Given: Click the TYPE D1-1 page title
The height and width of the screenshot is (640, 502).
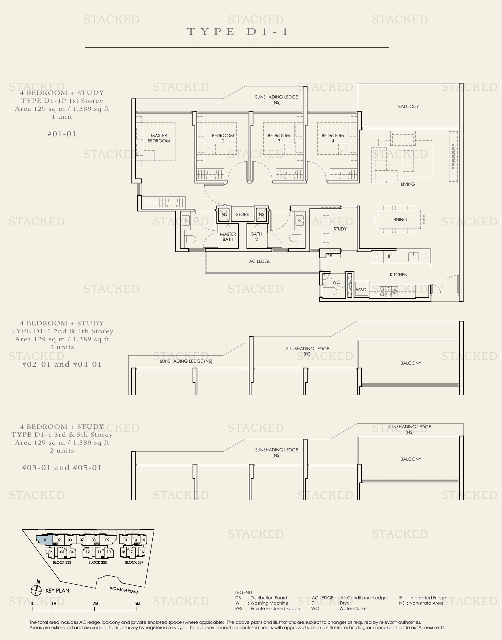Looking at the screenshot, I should pyautogui.click(x=237, y=31).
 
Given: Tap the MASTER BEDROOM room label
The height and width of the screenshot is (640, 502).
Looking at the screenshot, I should pyautogui.click(x=159, y=138).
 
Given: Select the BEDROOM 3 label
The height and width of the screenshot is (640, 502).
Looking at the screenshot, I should pyautogui.click(x=279, y=138).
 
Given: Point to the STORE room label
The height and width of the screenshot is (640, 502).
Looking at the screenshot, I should pyautogui.click(x=242, y=214).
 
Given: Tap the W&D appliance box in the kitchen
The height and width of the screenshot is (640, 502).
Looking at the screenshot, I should pyautogui.click(x=361, y=290).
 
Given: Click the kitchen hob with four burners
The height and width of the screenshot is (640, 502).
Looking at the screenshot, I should pyautogui.click(x=388, y=291).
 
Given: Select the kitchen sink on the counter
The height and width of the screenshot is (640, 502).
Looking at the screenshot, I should pyautogui.click(x=413, y=256).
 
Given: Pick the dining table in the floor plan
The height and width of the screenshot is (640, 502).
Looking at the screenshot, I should pyautogui.click(x=399, y=219).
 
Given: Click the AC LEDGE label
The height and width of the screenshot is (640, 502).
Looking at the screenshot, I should pyautogui.click(x=259, y=261).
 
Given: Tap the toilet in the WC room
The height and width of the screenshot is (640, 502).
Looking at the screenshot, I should pyautogui.click(x=330, y=291).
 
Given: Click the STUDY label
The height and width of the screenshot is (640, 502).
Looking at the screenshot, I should pyautogui.click(x=340, y=229).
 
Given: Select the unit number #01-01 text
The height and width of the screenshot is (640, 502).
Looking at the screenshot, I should pyautogui.click(x=62, y=134).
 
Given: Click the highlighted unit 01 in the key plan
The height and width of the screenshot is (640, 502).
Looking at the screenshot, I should pyautogui.click(x=45, y=540).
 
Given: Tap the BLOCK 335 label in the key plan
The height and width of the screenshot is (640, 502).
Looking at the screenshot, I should pyautogui.click(x=97, y=562).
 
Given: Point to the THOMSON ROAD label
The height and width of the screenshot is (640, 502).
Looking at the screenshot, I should pyautogui.click(x=123, y=590).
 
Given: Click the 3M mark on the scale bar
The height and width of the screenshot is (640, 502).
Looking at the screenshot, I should pyautogui.click(x=95, y=604).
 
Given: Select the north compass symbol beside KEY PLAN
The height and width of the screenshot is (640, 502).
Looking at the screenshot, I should pyautogui.click(x=36, y=590).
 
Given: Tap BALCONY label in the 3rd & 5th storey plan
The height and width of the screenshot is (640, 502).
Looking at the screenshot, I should pyautogui.click(x=410, y=459).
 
